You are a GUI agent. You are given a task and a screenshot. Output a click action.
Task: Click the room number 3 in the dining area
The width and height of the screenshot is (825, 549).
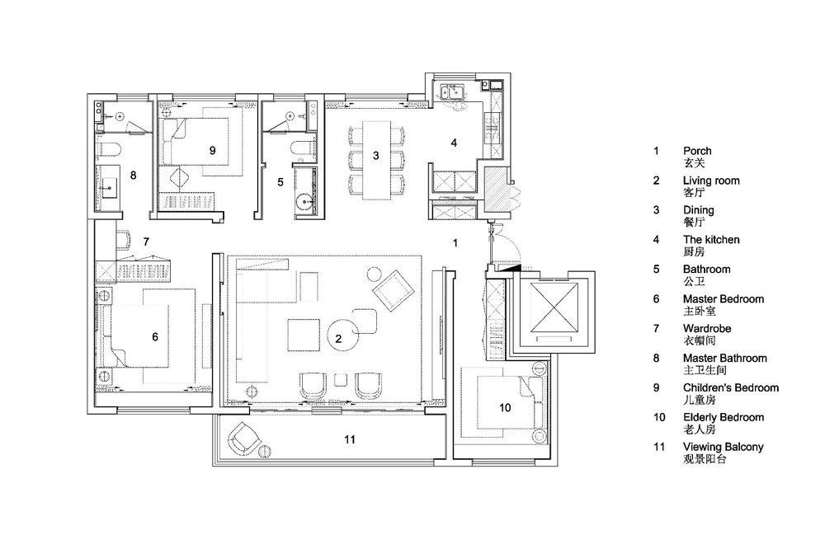click(375, 156)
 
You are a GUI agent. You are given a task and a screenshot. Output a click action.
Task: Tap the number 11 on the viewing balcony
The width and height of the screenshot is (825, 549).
click(350, 439)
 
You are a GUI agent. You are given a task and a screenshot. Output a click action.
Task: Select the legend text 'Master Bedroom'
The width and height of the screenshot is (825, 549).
click(724, 299)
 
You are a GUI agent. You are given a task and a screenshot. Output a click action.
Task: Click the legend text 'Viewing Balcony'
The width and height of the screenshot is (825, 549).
click(723, 447)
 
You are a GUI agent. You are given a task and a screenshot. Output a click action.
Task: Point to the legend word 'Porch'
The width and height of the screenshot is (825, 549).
click(697, 151)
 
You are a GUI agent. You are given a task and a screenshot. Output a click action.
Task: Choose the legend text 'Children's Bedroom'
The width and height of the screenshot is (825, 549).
click(731, 388)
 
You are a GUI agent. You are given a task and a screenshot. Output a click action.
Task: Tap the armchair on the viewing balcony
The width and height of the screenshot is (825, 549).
click(243, 437)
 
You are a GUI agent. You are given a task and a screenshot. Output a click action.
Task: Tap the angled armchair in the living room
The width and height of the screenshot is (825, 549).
click(393, 290)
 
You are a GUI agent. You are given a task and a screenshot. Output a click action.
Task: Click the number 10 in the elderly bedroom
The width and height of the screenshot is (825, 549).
click(505, 407)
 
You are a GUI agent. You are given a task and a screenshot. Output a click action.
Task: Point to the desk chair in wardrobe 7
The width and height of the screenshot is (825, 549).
click(123, 239)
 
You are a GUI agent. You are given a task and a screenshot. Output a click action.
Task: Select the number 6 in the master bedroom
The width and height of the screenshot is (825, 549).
click(155, 336)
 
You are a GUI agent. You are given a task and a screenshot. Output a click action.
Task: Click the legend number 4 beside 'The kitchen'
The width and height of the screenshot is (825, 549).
click(656, 240)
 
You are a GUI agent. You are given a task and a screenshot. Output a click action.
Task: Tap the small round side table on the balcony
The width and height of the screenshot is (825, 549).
click(265, 451)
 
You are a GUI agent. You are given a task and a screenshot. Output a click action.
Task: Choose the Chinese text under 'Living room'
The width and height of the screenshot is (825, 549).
click(694, 192)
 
